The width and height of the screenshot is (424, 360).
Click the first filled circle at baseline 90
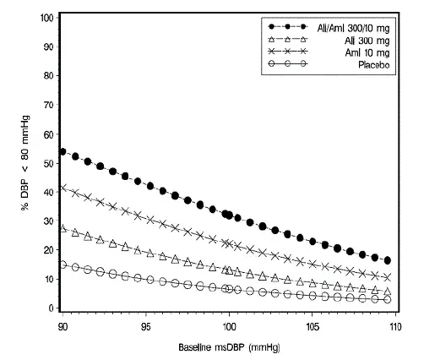(x=63, y=151)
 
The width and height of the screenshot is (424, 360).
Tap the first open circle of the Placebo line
(x=63, y=265)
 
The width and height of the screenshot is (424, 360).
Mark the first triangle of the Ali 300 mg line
(x=63, y=228)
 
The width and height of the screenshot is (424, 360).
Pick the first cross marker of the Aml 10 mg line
(x=63, y=188)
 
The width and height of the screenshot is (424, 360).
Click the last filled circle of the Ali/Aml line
(x=388, y=260)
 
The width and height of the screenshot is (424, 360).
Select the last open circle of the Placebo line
(x=388, y=299)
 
